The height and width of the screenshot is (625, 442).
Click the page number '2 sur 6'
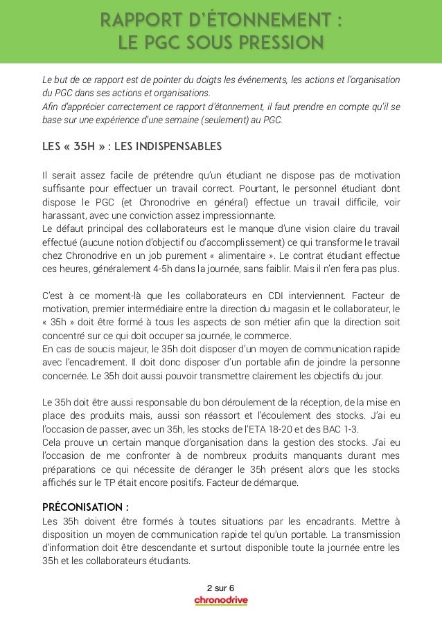pyautogui.click(x=220, y=588)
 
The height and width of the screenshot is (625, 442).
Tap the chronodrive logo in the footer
pyautogui.click(x=220, y=600)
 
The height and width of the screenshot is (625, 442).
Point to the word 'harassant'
pyautogui.click(x=64, y=215)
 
